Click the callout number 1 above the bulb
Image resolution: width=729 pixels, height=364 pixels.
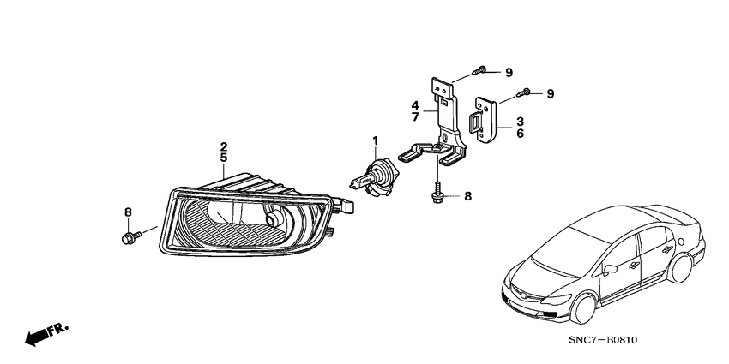pyautogui.click(x=374, y=140)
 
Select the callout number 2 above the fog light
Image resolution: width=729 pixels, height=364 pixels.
pyautogui.click(x=223, y=146)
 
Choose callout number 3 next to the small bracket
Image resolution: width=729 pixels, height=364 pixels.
pyautogui.click(x=520, y=122)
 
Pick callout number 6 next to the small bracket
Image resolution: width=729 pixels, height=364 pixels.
pyautogui.click(x=520, y=134)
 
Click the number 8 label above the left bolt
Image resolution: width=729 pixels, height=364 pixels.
pyautogui.click(x=128, y=212)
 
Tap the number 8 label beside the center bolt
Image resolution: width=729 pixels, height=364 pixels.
pyautogui.click(x=467, y=196)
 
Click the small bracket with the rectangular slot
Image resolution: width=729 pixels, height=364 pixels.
pyautogui.click(x=483, y=120)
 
